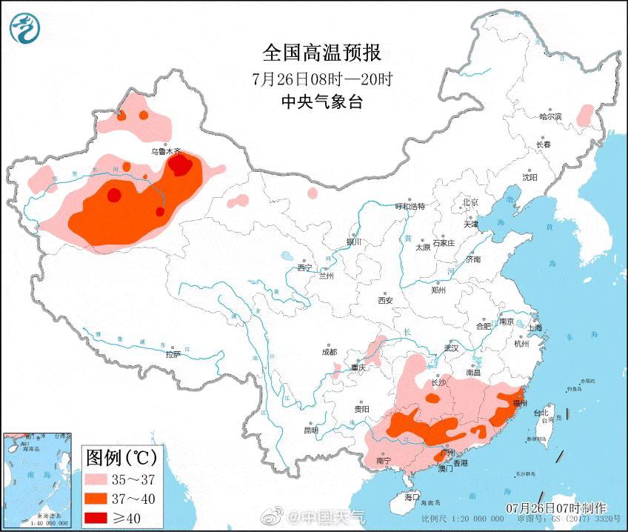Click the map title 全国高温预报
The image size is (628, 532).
321,53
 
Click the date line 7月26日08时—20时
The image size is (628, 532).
321,79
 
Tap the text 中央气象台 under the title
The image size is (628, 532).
321,102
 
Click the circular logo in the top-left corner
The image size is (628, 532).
24,29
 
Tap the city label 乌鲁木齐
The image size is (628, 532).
166,151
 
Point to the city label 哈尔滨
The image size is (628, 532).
550,117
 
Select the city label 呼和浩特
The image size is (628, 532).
410,207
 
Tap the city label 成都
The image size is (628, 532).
330,352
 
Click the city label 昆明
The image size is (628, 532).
310,430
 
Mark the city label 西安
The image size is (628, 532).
385,300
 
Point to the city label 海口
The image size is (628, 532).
412,496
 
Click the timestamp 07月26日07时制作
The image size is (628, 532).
556,508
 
